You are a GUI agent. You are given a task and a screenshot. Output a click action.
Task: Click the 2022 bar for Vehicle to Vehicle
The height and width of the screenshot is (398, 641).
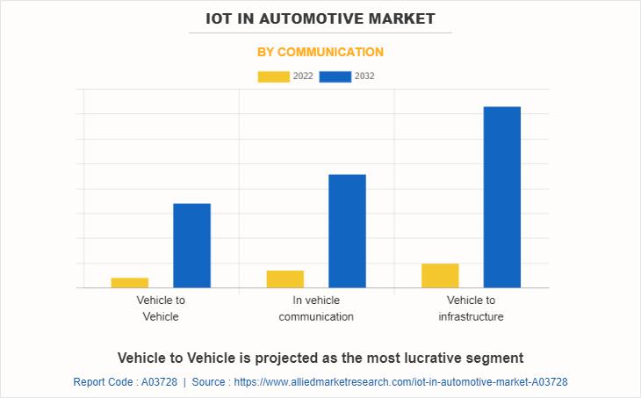[130, 282]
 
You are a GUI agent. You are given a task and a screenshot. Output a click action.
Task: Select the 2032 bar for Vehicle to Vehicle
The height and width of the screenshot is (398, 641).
[191, 245]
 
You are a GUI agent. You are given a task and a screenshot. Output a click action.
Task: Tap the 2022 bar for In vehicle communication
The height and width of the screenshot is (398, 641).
[285, 279]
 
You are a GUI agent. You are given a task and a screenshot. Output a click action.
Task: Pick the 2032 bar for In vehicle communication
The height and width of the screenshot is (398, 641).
[347, 230]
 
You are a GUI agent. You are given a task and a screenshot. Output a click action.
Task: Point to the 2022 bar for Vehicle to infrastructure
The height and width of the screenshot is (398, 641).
[440, 275]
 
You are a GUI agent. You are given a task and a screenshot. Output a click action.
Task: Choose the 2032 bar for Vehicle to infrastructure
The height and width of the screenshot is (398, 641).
[502, 197]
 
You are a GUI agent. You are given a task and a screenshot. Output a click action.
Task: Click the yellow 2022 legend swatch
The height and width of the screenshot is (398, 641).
[273, 76]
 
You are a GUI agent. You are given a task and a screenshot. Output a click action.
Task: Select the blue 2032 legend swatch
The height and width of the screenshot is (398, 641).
[335, 76]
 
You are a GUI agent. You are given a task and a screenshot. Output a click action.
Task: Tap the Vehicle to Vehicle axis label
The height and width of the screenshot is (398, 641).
[161, 308]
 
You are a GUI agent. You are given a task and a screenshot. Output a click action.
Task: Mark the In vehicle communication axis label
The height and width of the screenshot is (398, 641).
[316, 308]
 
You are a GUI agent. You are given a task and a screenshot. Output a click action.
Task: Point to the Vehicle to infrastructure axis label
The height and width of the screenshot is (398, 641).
[472, 308]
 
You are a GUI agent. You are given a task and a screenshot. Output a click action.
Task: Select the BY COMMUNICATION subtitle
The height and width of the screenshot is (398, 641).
[320, 52]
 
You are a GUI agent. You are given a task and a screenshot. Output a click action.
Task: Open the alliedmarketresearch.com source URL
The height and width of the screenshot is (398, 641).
[400, 382]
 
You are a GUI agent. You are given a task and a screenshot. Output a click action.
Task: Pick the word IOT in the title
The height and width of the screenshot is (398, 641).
[220, 18]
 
